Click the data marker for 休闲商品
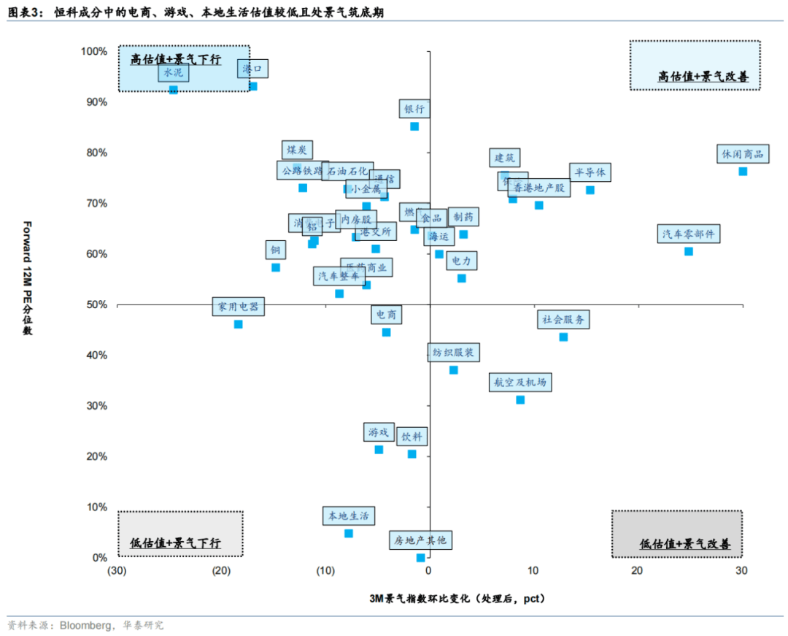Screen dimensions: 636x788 [743, 172]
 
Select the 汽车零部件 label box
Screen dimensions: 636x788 [689, 234]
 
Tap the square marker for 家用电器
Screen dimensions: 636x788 [238, 324]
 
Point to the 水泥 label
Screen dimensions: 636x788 [174, 73]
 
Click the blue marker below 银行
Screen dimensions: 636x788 [414, 126]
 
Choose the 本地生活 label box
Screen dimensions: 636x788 [349, 516]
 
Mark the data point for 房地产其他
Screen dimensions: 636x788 [420, 558]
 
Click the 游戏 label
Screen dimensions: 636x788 [379, 432]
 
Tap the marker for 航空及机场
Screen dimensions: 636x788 [520, 400]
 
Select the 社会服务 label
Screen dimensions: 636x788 [563, 320]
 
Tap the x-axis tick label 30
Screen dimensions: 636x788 [742, 571]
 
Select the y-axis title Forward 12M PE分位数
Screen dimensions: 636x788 [28, 277]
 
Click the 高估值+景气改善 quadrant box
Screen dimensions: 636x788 [695, 66]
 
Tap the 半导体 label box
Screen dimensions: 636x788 [590, 172]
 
